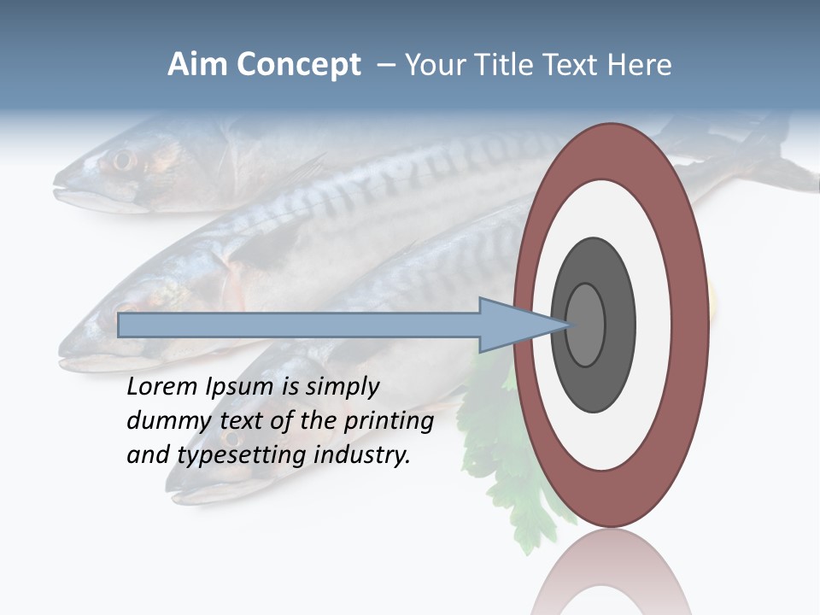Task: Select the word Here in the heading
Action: point(638,65)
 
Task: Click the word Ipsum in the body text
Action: point(241,388)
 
